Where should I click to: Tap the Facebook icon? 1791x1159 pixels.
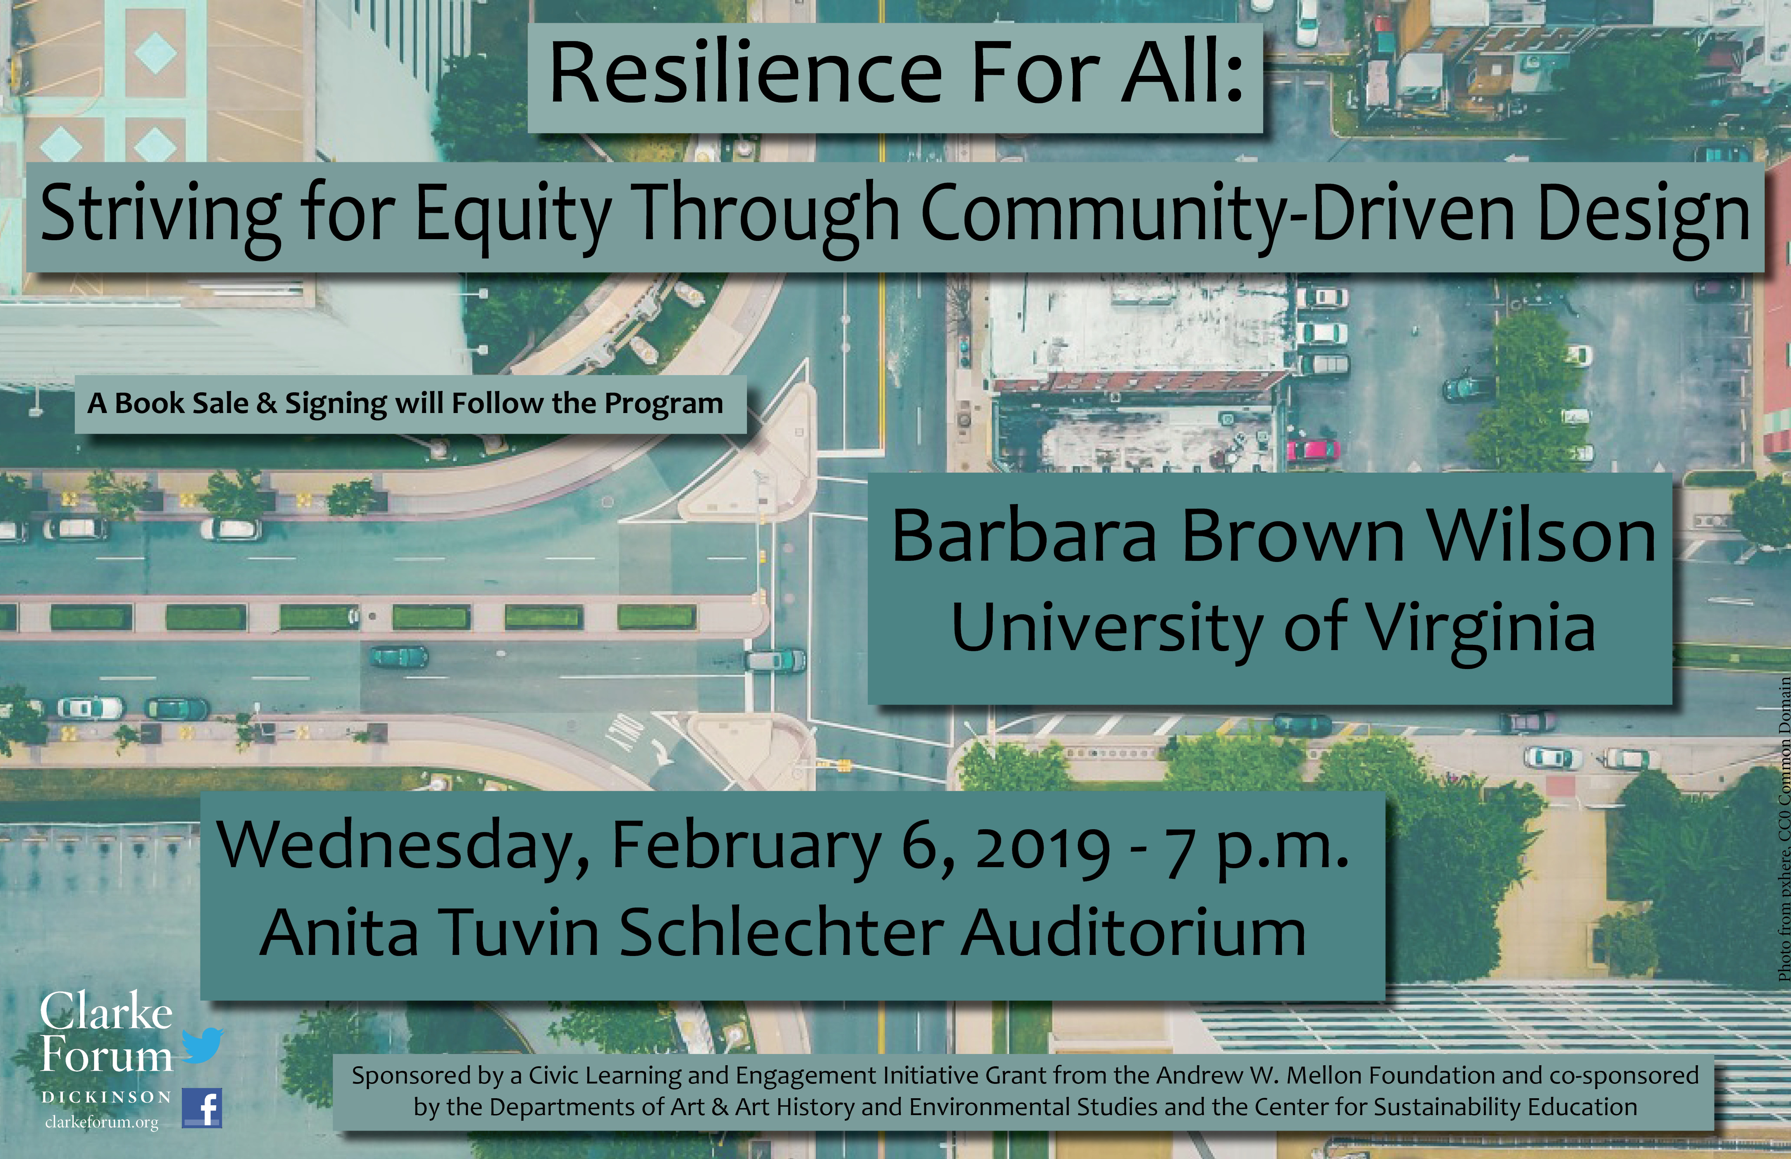tap(202, 1108)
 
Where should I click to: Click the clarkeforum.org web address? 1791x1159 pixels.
tap(101, 1122)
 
